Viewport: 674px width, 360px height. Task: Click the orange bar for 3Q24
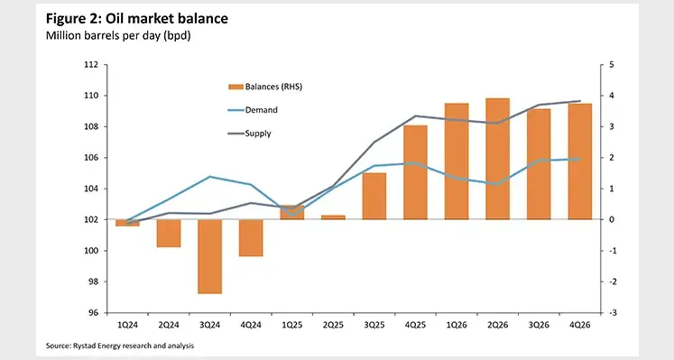coord(209,256)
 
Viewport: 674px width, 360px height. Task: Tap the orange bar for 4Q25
coord(415,172)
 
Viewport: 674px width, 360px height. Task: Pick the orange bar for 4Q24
coord(251,238)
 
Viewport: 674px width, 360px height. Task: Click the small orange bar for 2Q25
coord(333,217)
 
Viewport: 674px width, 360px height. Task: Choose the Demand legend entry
coord(258,110)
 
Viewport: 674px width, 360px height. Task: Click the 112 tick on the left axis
coord(90,65)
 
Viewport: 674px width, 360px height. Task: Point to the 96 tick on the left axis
coord(92,313)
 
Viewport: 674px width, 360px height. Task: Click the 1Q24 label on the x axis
coord(127,324)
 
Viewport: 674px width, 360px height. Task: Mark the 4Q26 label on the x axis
coord(579,324)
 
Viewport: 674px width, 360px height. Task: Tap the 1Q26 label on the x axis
coord(457,324)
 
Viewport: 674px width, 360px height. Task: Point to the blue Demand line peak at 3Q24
coord(209,177)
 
